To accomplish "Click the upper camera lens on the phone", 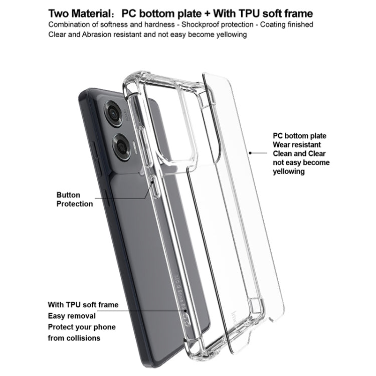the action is click(113, 113).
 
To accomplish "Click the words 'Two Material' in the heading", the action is click(79, 14).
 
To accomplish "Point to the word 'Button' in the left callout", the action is click(68, 195).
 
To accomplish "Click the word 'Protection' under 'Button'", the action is click(75, 204).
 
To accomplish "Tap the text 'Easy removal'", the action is click(72, 316).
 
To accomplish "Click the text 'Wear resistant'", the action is click(297, 144).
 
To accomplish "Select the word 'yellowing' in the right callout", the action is click(289, 171).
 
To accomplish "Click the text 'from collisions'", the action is click(74, 338).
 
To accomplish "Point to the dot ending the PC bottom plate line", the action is click(250, 153).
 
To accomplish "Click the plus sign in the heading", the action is click(207, 14).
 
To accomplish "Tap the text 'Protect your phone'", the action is click(82, 327).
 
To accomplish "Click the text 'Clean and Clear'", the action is click(299, 153).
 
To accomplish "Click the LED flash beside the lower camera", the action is click(134, 147).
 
